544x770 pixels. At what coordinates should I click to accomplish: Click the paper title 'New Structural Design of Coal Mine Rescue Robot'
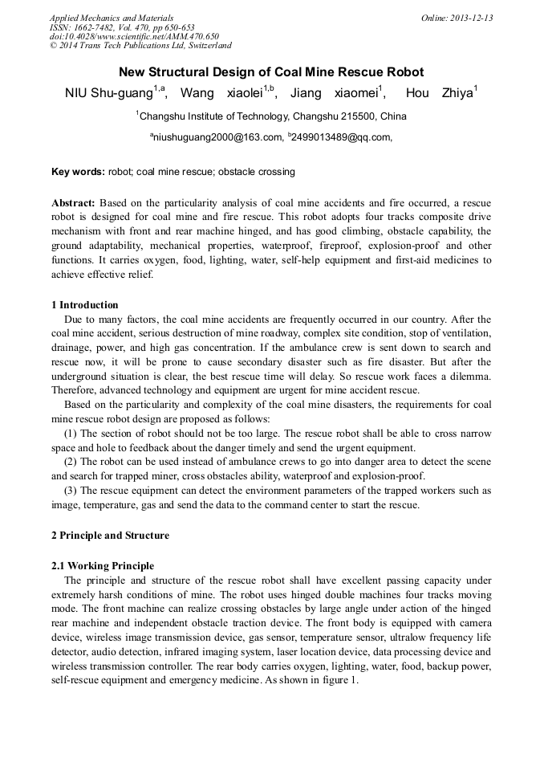271,72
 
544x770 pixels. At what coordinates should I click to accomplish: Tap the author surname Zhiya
457,94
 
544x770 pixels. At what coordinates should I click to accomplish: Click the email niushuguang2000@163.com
218,138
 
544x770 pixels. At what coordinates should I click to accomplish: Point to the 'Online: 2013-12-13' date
457,18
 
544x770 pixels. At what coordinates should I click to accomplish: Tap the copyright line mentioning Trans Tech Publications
140,47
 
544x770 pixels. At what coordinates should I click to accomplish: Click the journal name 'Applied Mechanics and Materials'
112,18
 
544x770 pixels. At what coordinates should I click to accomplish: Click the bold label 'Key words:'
78,172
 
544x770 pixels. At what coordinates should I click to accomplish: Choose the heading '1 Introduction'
85,305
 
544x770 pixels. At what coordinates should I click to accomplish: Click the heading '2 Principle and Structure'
110,536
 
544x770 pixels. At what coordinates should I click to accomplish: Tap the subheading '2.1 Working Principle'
103,567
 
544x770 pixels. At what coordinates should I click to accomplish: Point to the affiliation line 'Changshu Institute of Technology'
271,116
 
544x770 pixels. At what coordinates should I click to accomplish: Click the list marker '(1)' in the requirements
72,434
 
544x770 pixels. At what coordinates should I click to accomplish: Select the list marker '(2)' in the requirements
72,462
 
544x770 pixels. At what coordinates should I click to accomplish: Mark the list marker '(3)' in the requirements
72,490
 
